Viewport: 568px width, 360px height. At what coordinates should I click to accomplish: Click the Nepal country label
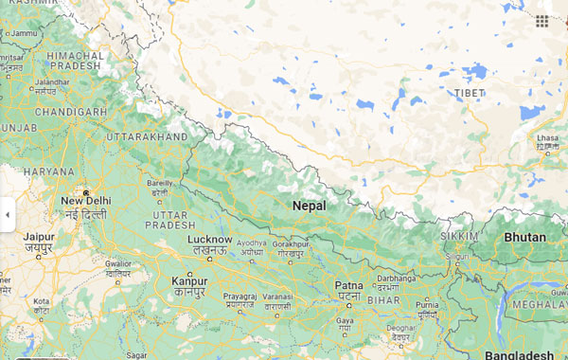pyautogui.click(x=309, y=206)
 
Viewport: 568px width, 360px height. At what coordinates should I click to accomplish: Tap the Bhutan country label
pyautogui.click(x=524, y=237)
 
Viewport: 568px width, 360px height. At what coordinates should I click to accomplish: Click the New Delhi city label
pyautogui.click(x=85, y=201)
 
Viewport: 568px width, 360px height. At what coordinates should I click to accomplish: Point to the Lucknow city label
pyautogui.click(x=209, y=241)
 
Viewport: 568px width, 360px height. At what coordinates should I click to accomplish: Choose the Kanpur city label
pyautogui.click(x=189, y=281)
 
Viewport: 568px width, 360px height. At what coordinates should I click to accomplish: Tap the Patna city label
pyautogui.click(x=348, y=285)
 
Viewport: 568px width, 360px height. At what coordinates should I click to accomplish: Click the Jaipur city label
pyautogui.click(x=39, y=237)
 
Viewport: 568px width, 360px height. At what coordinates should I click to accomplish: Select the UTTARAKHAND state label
pyautogui.click(x=147, y=137)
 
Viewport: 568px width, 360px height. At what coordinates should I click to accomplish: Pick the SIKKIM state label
pyautogui.click(x=458, y=234)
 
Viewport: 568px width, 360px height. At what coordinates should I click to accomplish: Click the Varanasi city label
pyautogui.click(x=277, y=297)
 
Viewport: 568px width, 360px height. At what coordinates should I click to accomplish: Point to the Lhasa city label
pyautogui.click(x=548, y=137)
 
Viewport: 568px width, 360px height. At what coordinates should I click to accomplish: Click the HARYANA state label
pyautogui.click(x=49, y=171)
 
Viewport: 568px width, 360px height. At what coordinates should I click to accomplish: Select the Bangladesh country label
pyautogui.click(x=519, y=354)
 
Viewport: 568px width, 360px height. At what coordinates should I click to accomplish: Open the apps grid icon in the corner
pyautogui.click(x=541, y=20)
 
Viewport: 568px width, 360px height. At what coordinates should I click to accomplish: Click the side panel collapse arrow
pyautogui.click(x=8, y=215)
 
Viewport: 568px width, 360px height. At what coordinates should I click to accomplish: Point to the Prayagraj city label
pyautogui.click(x=240, y=297)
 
